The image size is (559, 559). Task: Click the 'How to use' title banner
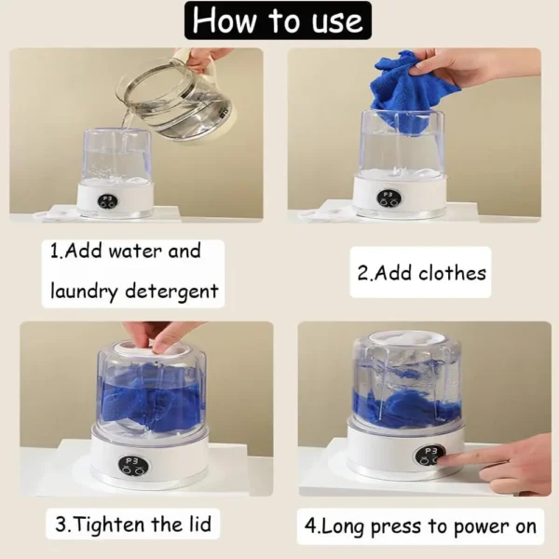(x=278, y=20)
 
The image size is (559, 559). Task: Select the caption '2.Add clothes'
(x=421, y=273)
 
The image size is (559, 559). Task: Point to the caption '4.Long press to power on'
(x=421, y=526)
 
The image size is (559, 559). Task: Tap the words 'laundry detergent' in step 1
(x=134, y=292)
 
